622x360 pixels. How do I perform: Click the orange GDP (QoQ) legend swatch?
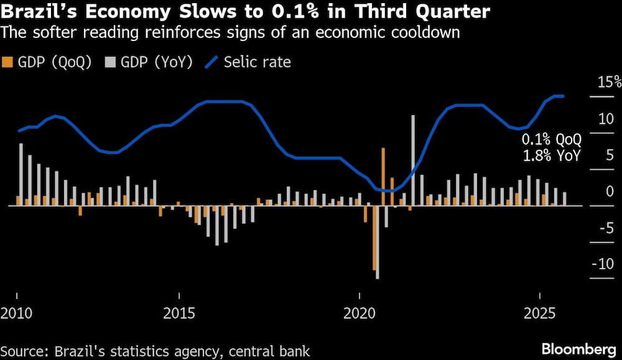7,62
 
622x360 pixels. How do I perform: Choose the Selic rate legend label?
257,62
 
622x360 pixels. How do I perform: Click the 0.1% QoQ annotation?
551,140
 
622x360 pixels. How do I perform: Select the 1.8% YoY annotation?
551,156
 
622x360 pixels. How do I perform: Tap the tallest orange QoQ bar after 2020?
383,177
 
